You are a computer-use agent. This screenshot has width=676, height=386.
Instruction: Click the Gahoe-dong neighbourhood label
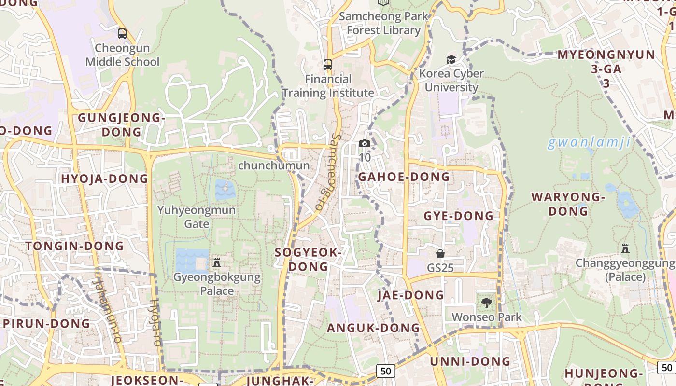click(404, 177)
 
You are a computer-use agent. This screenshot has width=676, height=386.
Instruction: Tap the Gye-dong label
click(459, 216)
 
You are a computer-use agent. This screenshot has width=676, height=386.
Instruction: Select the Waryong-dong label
click(568, 204)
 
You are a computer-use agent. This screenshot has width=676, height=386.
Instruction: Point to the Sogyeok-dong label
click(308, 259)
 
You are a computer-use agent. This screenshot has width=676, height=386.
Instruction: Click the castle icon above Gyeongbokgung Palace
click(217, 262)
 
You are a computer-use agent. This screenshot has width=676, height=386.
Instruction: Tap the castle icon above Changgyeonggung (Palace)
click(625, 248)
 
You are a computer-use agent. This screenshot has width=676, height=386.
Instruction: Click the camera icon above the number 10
click(365, 144)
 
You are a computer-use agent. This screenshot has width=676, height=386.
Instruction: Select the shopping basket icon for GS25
click(440, 254)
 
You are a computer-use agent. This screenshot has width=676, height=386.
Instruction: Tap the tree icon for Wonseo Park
click(486, 303)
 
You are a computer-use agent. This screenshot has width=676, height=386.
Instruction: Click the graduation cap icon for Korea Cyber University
click(451, 59)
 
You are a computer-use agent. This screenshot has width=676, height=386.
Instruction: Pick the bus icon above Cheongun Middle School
click(122, 34)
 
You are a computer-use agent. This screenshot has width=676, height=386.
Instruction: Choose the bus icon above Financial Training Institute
click(328, 64)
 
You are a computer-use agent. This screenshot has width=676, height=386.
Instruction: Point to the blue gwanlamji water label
click(589, 142)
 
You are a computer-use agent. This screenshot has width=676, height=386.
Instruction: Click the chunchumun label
click(274, 165)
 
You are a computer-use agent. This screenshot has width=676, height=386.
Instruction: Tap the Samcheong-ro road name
click(328, 171)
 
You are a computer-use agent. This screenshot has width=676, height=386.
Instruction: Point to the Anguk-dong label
click(373, 328)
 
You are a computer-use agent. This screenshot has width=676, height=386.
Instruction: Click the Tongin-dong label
click(75, 246)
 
